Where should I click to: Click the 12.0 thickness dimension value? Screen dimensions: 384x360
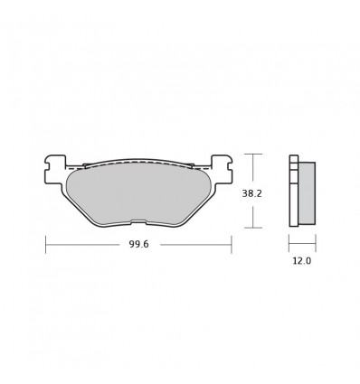tap(301, 262)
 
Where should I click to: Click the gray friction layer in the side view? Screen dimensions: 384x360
tap(306, 193)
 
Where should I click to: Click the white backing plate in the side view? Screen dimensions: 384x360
tap(293, 193)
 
